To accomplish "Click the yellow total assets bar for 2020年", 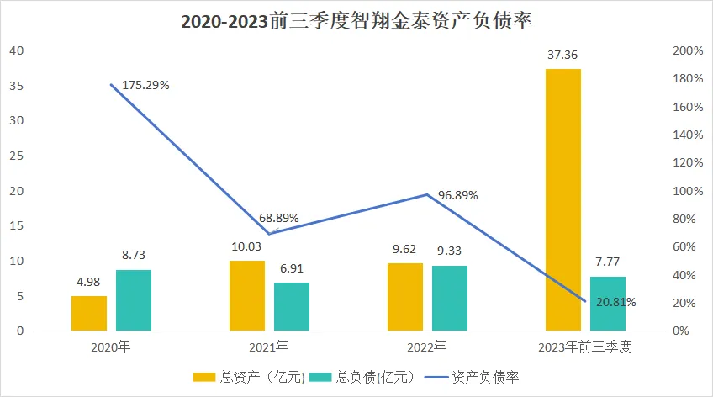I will click(89, 313).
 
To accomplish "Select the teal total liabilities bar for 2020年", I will click(134, 300).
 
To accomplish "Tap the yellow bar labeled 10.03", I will click(247, 296).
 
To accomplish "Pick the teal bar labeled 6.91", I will click(292, 306).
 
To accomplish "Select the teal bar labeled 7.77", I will click(608, 304).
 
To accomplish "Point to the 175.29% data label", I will click(146, 85).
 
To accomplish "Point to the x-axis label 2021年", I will click(269, 347).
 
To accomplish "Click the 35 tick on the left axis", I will click(17, 86).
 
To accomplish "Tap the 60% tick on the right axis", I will click(691, 247).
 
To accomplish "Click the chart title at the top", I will click(356, 20).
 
